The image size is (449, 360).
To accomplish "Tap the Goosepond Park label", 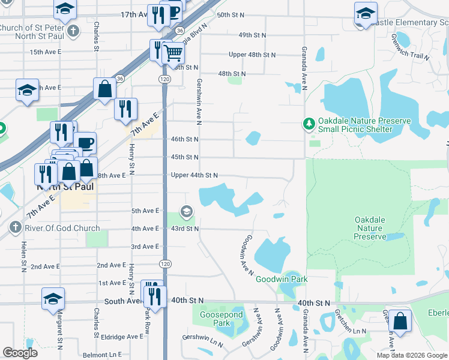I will (221, 319).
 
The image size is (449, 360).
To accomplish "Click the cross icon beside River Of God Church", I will (15, 228).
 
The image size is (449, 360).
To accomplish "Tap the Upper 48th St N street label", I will (252, 55).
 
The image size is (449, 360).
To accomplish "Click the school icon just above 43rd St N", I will (187, 211).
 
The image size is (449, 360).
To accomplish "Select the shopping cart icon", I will (173, 53).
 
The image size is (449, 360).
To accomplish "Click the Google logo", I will (20, 353).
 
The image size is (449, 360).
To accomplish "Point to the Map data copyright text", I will (412, 355).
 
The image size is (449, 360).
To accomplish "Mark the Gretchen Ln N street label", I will (350, 331).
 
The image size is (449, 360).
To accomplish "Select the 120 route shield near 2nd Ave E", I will (165, 264).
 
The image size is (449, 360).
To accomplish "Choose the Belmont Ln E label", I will (103, 355).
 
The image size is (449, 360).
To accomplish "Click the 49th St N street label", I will (253, 35).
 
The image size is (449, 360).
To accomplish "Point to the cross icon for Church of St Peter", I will (73, 31).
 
